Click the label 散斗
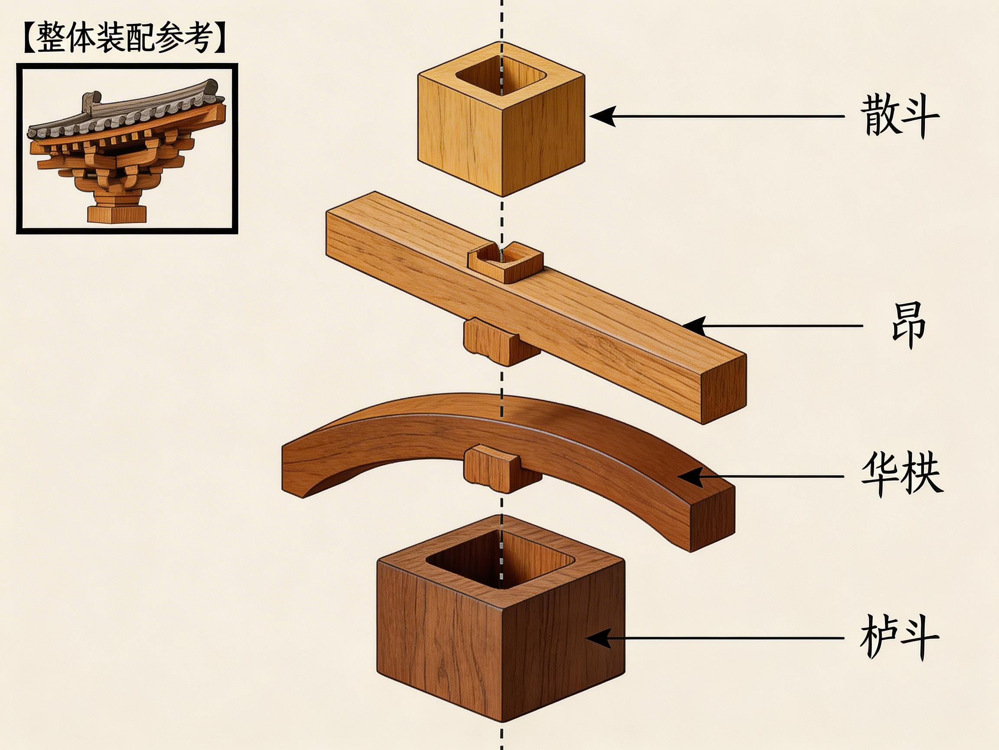pos(899,116)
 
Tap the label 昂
pos(908,326)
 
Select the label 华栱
pos(901,476)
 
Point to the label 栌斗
pos(899,638)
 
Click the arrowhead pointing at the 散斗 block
pos(603,116)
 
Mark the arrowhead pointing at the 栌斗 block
pos(598,638)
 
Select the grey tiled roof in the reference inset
pos(127,113)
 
